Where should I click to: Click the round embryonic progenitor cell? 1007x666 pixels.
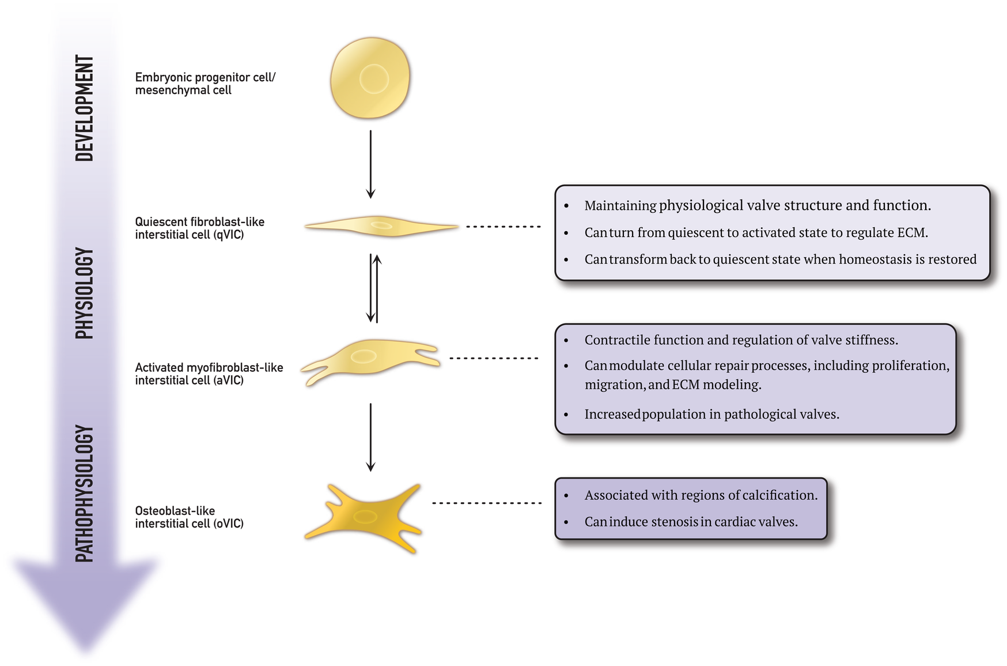[370, 78]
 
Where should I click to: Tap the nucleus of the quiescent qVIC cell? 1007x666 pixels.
[381, 225]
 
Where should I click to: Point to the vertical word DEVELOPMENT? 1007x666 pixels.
[85, 108]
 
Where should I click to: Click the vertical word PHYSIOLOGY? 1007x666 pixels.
[85, 293]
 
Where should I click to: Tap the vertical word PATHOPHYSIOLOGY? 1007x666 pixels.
[85, 494]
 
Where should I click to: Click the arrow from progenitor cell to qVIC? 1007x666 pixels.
[370, 164]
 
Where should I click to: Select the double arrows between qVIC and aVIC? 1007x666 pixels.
[374, 288]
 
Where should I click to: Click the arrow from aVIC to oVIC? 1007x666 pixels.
[370, 437]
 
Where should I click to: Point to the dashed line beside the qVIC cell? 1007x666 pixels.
[503, 227]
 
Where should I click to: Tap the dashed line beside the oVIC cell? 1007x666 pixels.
[487, 503]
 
